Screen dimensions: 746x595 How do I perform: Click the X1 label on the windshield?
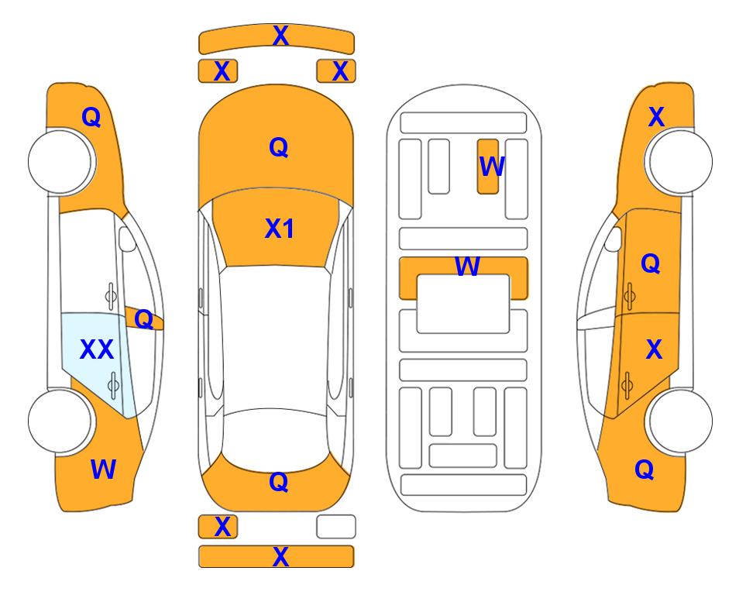(280, 229)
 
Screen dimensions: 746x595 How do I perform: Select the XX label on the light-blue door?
(97, 349)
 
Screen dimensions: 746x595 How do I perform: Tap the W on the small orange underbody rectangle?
(491, 166)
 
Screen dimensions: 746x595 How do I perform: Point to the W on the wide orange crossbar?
(467, 266)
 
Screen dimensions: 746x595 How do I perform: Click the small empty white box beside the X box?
(336, 527)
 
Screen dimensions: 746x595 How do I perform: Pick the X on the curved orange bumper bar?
(280, 36)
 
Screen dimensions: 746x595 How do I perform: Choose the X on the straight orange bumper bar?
(280, 556)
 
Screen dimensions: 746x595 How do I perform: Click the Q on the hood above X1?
(279, 147)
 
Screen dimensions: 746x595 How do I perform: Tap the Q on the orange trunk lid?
(279, 482)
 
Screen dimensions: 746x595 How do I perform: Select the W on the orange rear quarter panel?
(103, 469)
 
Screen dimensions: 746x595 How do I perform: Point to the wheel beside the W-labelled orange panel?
(60, 421)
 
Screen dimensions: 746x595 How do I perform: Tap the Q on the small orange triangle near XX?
(143, 319)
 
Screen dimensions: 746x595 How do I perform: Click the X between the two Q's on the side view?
(654, 349)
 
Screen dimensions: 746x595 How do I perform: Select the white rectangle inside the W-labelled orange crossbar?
(463, 304)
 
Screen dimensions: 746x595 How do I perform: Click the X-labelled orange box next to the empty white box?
(218, 527)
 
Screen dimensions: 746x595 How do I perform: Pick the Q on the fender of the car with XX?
(91, 117)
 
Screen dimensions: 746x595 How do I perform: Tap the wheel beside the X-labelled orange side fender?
(680, 161)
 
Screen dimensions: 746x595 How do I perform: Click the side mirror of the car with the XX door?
(127, 239)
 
